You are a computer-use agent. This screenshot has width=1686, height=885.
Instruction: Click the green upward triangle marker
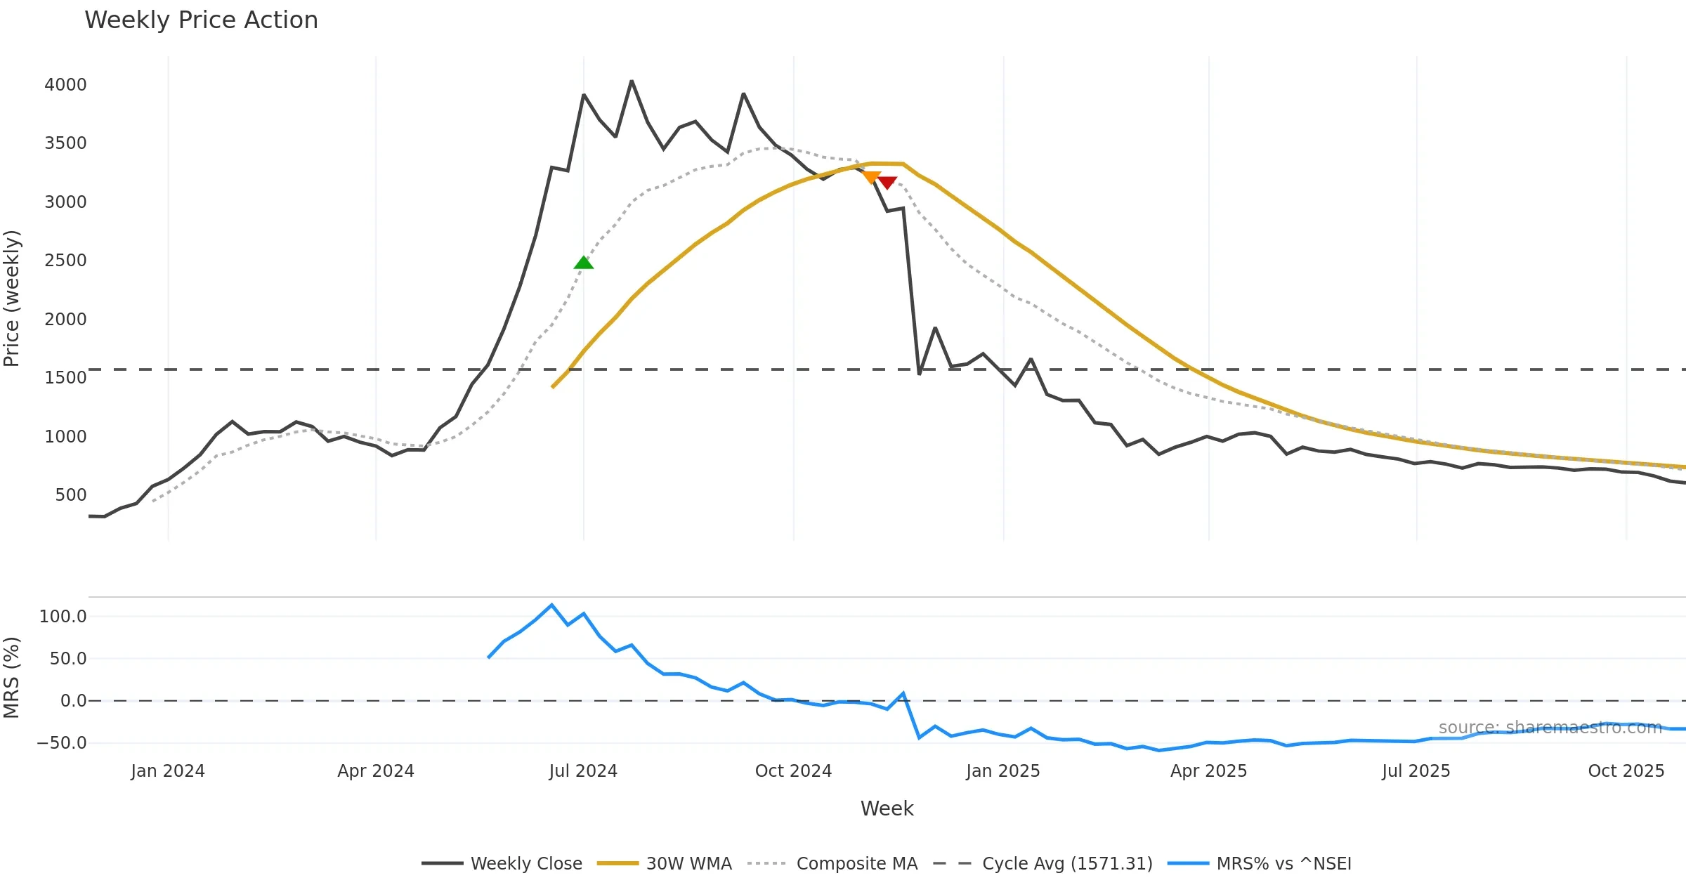coord(583,263)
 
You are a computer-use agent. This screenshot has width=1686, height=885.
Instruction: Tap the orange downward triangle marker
coord(871,177)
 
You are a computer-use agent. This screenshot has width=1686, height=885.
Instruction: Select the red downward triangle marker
coord(887,183)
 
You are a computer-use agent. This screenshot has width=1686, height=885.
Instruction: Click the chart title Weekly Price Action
coord(201,20)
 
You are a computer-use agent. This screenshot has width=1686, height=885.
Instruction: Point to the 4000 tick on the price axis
coord(65,85)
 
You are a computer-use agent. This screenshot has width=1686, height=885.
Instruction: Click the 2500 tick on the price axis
coord(65,261)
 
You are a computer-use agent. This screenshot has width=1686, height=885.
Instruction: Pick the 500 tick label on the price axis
coord(70,495)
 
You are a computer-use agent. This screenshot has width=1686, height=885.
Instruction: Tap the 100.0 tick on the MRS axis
coord(63,617)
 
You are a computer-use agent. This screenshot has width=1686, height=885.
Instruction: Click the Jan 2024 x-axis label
coord(167,771)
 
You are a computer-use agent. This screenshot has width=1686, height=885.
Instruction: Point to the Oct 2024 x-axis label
coord(793,771)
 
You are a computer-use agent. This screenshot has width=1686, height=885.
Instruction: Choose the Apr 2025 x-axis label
coord(1208,771)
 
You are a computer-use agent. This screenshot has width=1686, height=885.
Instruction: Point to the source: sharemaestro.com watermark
coord(1550,728)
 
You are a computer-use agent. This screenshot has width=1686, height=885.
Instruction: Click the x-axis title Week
coord(887,809)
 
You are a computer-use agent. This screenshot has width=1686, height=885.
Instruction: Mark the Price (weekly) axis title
coord(12,299)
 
